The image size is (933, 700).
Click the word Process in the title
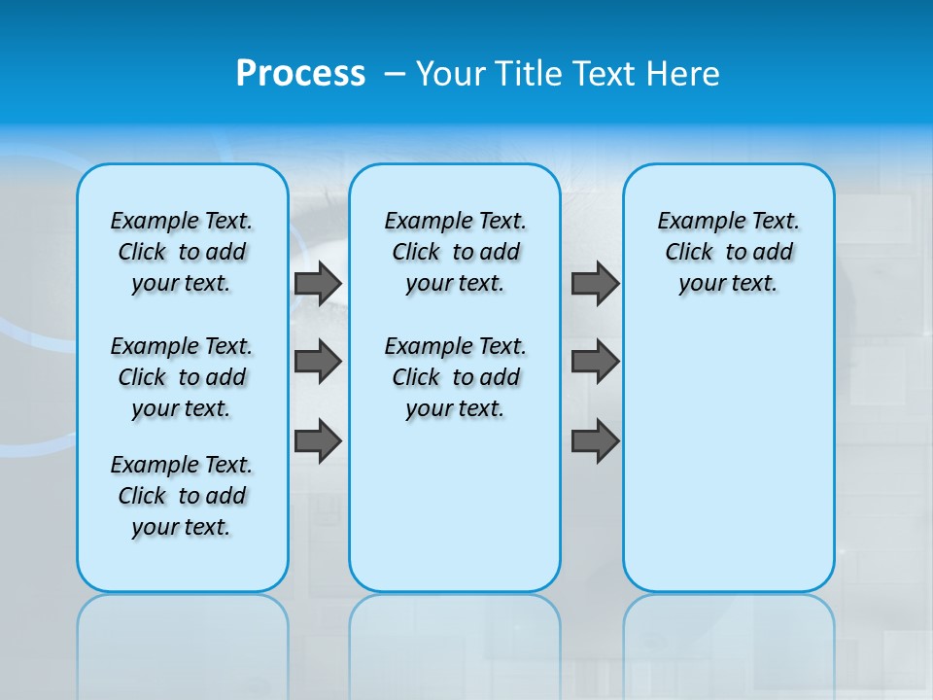[x=300, y=74]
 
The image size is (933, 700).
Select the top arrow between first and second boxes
[x=318, y=284]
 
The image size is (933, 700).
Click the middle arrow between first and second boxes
[x=318, y=362]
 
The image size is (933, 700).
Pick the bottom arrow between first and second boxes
[x=318, y=440]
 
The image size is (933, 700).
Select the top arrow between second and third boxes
[x=595, y=284]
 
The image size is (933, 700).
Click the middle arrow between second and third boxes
[x=595, y=362]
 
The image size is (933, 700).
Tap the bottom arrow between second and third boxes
[x=595, y=440]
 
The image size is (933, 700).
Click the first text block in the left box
[x=182, y=252]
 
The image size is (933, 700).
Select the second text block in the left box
[x=182, y=377]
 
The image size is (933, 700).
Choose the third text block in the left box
[x=182, y=496]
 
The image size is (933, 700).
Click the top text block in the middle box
[x=455, y=252]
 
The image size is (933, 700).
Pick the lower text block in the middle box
[x=455, y=377]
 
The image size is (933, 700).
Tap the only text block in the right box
[x=729, y=252]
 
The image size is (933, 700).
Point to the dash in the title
[x=395, y=75]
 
